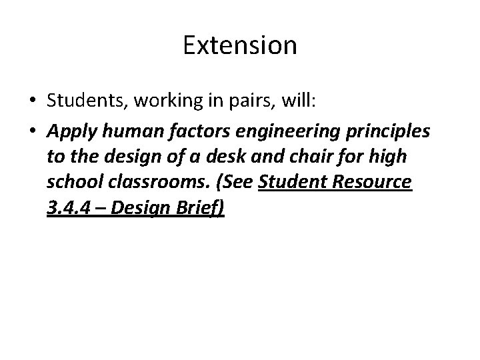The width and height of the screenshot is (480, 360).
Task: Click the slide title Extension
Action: pos(239,46)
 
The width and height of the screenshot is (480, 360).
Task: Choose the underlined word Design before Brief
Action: pos(149,210)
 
